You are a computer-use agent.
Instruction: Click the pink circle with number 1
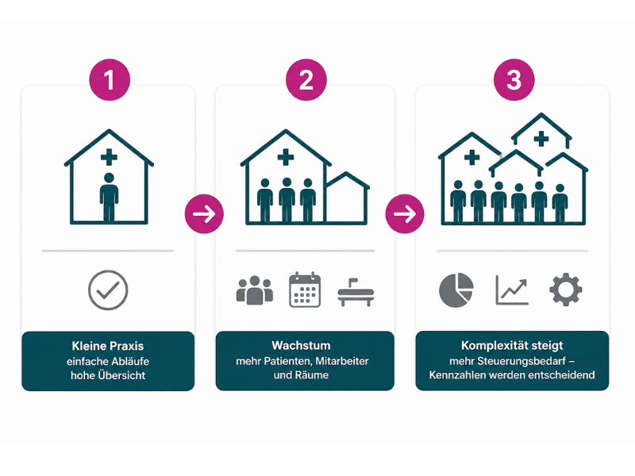[110, 80]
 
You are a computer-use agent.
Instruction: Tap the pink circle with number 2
[306, 80]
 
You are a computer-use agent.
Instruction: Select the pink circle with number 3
[514, 80]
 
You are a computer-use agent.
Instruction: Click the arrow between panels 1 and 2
[204, 213]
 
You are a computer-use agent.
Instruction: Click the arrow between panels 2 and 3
[405, 213]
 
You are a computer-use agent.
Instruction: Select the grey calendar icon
[305, 290]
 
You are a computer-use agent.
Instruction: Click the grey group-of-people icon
[254, 290]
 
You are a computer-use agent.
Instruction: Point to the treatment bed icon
[356, 292]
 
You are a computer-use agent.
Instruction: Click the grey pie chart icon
[456, 290]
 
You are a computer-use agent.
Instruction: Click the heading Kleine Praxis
[108, 346]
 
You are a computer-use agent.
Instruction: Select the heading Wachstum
[301, 345]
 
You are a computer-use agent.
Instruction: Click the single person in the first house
[109, 198]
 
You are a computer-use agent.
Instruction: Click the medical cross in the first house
[109, 157]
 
